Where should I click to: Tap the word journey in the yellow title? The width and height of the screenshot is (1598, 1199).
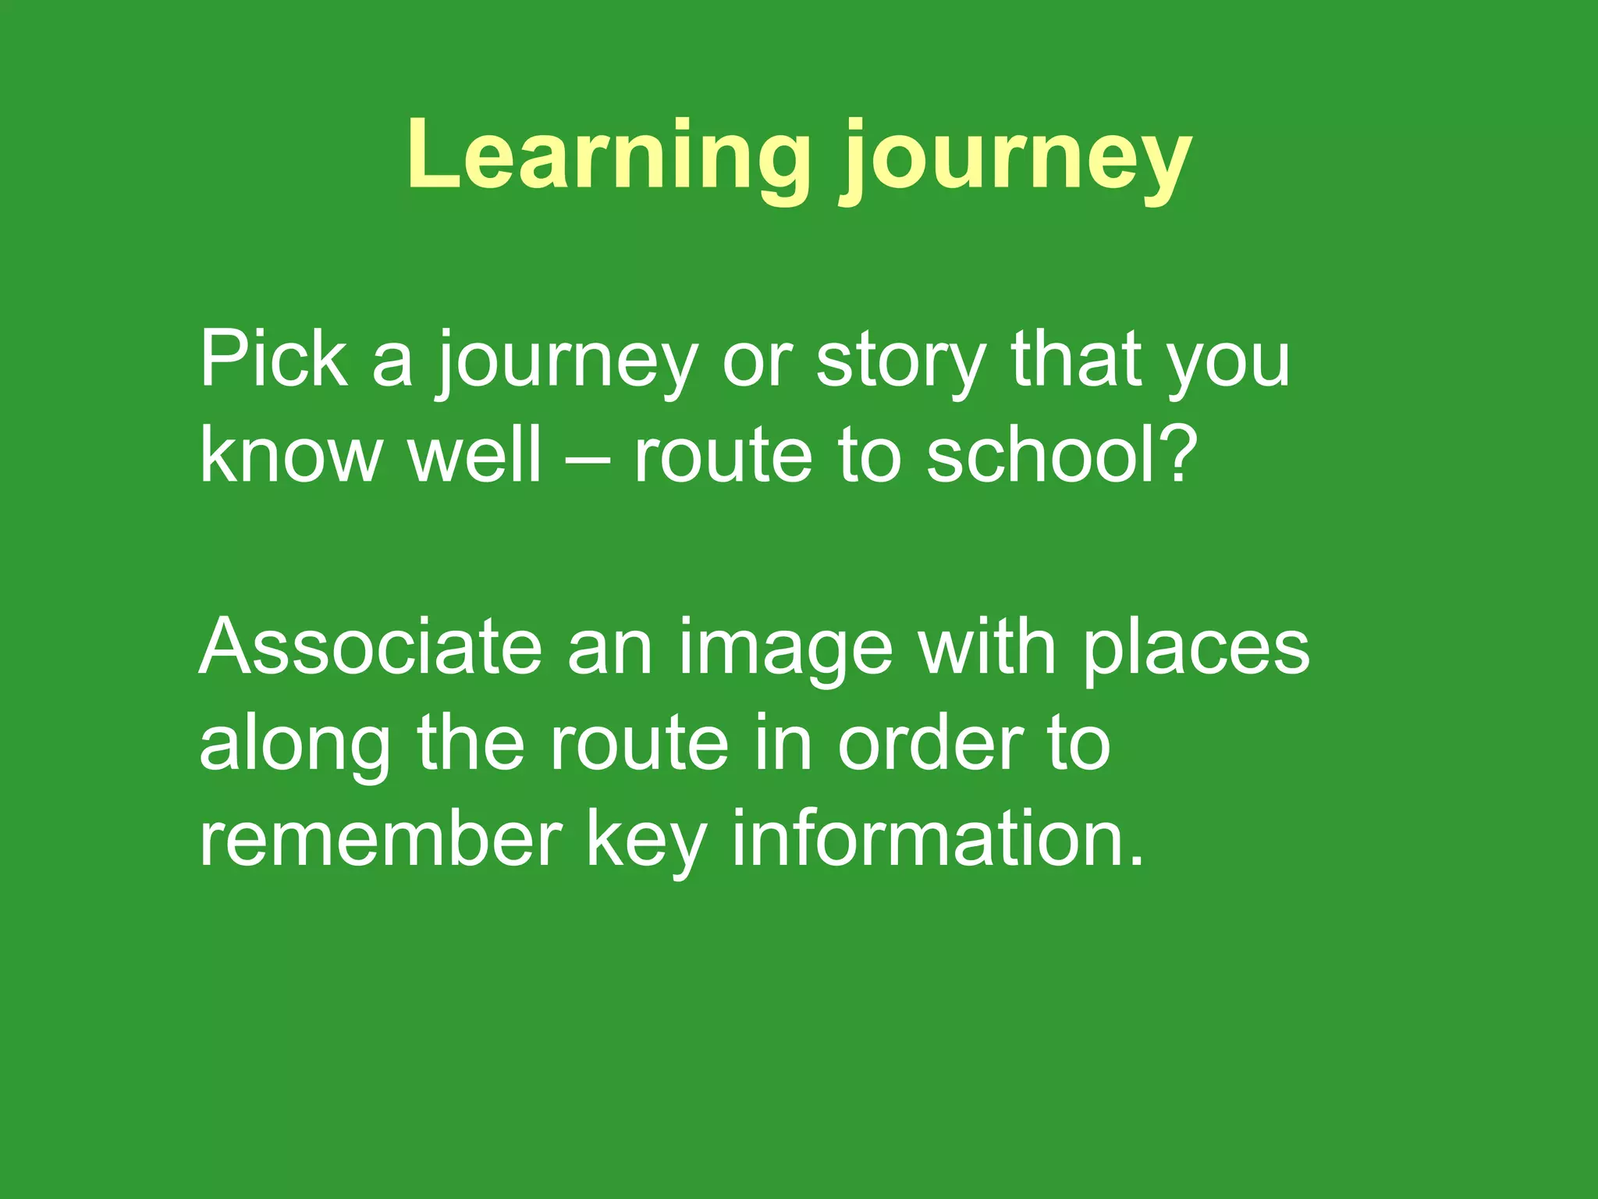[1015, 160]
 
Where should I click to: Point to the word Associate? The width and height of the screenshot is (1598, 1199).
[371, 647]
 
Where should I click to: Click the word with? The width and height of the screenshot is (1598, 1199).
[987, 647]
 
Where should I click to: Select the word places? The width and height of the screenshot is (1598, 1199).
[1197, 652]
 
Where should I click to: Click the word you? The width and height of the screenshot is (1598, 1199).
[1228, 363]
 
